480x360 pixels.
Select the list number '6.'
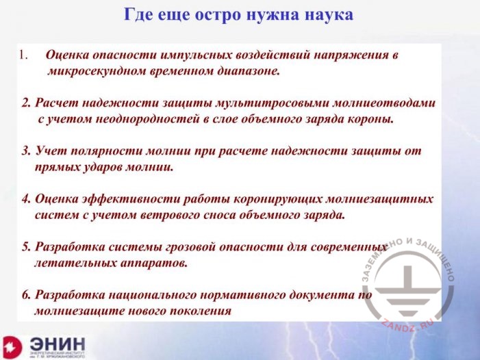(26, 294)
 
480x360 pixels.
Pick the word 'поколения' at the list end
(201, 310)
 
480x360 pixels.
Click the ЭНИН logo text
(58, 344)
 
